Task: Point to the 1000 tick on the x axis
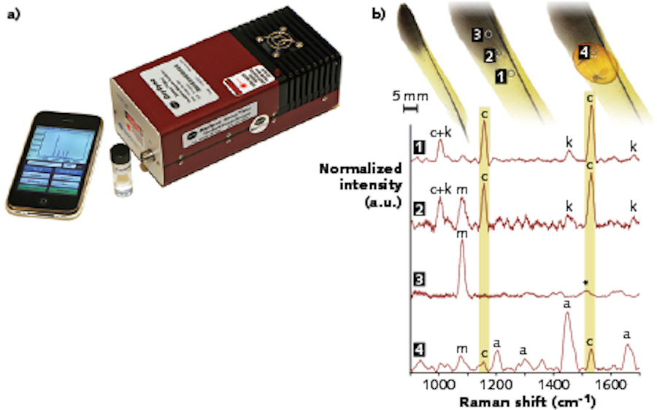pos(439,380)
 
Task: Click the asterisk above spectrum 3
pos(585,282)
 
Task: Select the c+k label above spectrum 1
pos(440,128)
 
